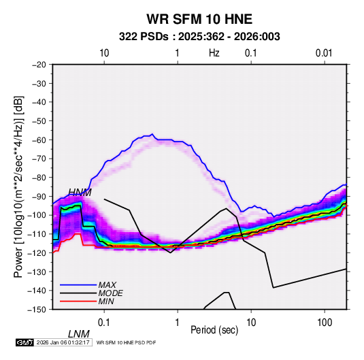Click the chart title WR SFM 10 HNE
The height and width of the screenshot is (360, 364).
tap(199, 19)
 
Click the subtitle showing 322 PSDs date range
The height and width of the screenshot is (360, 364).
tap(199, 37)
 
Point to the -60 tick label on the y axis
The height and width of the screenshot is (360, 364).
tap(39, 140)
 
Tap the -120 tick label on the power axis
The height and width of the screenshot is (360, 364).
tap(37, 252)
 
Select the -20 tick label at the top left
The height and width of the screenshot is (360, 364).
tap(39, 65)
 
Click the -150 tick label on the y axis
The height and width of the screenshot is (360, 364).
tap(37, 310)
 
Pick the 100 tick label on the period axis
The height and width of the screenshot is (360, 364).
tap(325, 323)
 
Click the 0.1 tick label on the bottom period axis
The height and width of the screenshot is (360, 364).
tap(104, 323)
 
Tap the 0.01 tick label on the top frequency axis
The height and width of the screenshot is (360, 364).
tap(324, 53)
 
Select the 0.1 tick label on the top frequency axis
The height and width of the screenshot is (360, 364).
tap(251, 53)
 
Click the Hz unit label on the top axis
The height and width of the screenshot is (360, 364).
tap(214, 53)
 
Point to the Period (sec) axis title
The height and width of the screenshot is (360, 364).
tap(214, 330)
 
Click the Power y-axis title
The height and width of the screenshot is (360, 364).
tap(18, 186)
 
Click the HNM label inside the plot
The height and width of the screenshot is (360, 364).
tap(80, 193)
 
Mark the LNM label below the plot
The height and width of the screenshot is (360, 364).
tap(79, 334)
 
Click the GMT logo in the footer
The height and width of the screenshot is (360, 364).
tap(24, 342)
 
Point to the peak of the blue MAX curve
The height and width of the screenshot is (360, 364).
tap(152, 134)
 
